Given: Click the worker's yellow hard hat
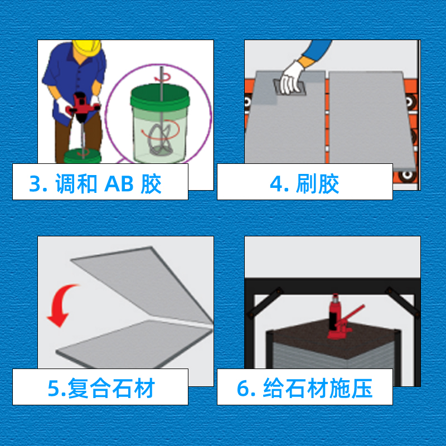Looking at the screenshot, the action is [87, 47].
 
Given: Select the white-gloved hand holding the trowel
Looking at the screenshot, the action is [292, 77].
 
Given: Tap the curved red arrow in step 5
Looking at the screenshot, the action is [62, 305].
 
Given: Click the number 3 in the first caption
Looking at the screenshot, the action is [36, 184].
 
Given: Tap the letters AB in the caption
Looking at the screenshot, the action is [119, 184].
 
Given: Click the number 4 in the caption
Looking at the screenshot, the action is [276, 184].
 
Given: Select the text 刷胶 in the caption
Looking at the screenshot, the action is [317, 184].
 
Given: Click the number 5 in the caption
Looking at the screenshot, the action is [54, 388].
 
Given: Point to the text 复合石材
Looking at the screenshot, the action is [111, 388].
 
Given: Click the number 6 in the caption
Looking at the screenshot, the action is [244, 388].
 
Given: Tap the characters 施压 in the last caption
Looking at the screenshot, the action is [351, 388].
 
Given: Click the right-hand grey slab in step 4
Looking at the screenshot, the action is [371, 119].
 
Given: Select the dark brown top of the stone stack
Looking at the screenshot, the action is [333, 338].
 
